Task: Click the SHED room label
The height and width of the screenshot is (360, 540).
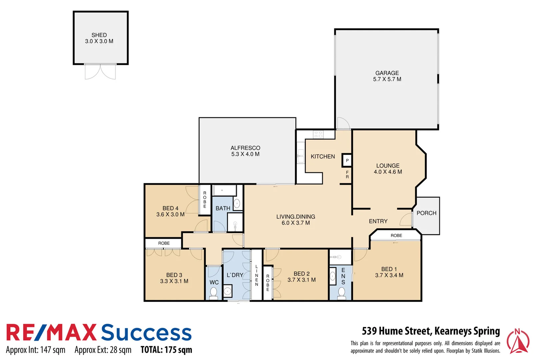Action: (99, 35)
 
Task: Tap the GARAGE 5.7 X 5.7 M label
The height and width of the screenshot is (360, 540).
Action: (387, 76)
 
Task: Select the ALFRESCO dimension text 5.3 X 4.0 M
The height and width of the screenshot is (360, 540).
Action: (245, 154)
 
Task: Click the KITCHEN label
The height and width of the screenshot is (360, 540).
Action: (323, 156)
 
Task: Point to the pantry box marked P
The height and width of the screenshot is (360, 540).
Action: (347, 160)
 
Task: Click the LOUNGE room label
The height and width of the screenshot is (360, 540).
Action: (388, 166)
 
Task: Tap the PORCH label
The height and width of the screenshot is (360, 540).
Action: (426, 213)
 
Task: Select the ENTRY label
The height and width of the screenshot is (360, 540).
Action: (378, 221)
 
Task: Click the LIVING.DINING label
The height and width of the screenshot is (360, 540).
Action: (296, 217)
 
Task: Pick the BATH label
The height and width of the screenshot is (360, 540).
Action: (223, 208)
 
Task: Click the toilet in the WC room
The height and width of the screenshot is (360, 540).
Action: (213, 293)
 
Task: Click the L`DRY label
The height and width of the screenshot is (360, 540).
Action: (235, 275)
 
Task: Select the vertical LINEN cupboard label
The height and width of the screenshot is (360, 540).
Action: (257, 275)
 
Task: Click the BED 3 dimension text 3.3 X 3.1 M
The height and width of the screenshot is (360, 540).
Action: (174, 281)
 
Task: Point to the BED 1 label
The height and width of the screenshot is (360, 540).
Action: (389, 269)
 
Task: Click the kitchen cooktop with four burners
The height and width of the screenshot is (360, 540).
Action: (318, 134)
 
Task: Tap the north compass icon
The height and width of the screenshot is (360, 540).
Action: (518, 341)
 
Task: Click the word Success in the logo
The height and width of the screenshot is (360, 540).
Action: (146, 333)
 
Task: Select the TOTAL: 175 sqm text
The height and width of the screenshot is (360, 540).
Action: (166, 350)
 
